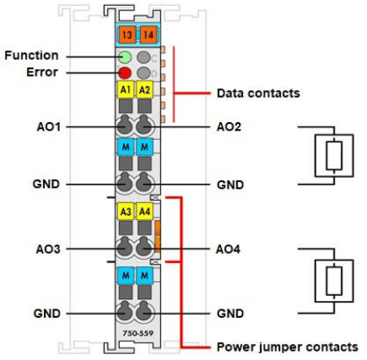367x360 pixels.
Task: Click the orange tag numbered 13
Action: [127, 35]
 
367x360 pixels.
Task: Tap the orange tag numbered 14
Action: [148, 35]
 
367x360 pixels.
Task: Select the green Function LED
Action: [125, 57]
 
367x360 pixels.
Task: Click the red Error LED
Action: [125, 73]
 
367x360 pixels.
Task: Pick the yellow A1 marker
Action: [126, 89]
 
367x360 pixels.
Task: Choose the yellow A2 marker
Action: [144, 89]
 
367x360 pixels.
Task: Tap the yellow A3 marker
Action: [126, 212]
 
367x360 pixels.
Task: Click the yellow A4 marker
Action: [144, 212]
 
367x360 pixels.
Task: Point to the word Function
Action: [31, 56]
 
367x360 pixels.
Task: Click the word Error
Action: [42, 73]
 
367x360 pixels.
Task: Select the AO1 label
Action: [49, 127]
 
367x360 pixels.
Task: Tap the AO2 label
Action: [229, 127]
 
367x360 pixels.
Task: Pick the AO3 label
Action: [48, 250]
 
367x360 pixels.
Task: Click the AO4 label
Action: [228, 250]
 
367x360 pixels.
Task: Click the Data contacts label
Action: [258, 94]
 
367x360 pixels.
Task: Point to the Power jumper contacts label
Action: [288, 347]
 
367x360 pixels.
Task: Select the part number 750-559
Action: [138, 334]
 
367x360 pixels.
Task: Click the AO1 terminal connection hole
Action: [124, 126]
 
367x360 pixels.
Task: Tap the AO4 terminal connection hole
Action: [144, 249]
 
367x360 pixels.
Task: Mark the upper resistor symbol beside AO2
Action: [334, 156]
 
